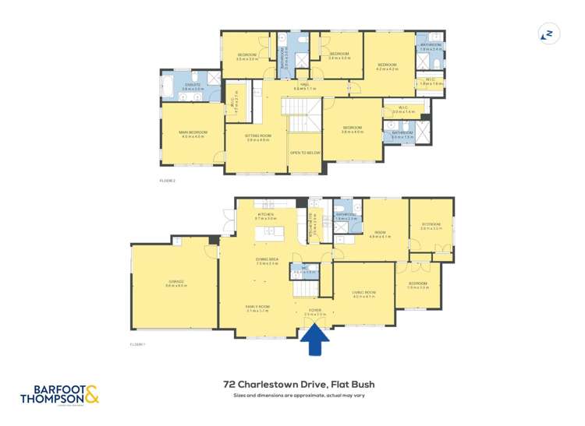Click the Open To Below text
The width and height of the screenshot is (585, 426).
pyautogui.click(x=305, y=153)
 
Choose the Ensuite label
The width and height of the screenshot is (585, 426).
pyautogui.click(x=192, y=86)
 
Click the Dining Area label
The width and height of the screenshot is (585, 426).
pyautogui.click(x=268, y=261)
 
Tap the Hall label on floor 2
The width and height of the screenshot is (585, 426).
pyautogui.click(x=304, y=86)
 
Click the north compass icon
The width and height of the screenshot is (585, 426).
pyautogui.click(x=549, y=33)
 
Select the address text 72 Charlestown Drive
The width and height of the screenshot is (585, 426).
pyautogui.click(x=292, y=384)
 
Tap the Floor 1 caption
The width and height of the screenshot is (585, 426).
pyautogui.click(x=137, y=343)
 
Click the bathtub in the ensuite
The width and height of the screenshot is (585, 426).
pyautogui.click(x=169, y=86)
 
